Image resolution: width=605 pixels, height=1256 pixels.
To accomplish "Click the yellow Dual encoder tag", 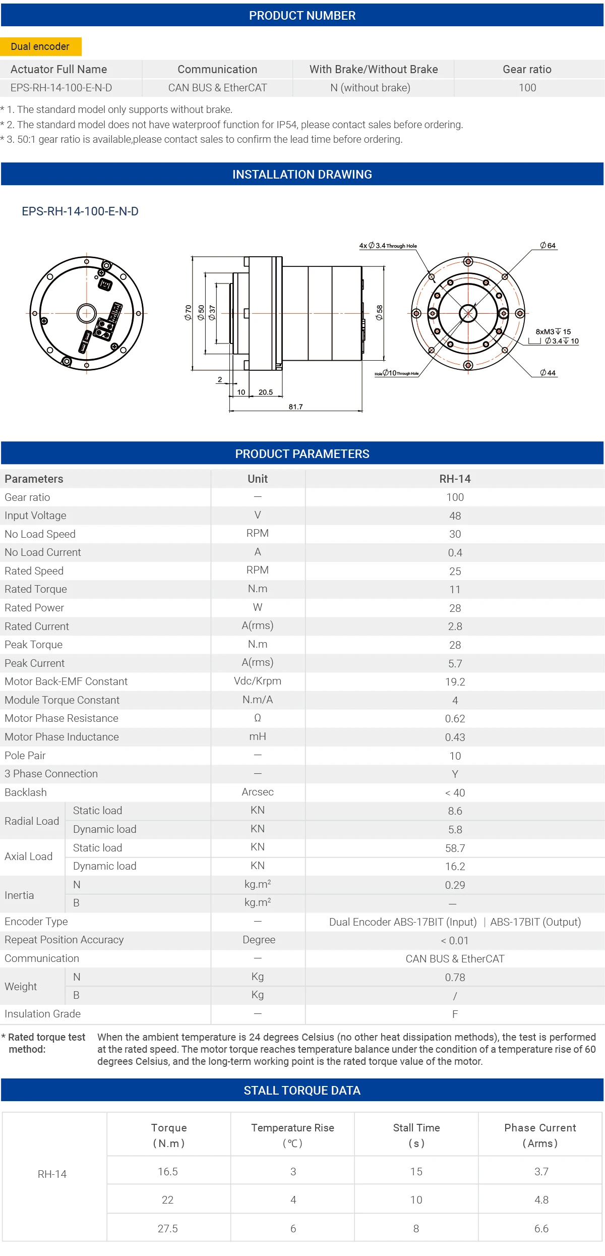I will click(40, 46).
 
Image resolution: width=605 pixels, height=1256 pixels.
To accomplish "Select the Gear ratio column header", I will click(527, 69).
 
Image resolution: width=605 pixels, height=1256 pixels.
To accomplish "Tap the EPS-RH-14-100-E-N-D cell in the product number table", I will click(61, 88).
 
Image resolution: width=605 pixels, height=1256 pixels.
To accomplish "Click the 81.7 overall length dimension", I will click(295, 407).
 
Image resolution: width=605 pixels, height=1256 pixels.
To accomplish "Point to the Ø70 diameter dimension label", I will click(188, 313).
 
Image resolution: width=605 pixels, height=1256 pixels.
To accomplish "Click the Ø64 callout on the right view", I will click(548, 246).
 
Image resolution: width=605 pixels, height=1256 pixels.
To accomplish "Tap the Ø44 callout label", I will click(548, 373).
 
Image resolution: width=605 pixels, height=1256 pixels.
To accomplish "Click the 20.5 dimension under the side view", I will click(265, 392).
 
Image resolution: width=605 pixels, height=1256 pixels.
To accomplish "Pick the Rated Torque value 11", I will click(455, 589).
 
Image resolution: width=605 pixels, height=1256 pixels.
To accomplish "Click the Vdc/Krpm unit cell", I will click(257, 681).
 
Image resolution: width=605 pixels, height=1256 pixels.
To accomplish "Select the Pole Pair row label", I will click(25, 755).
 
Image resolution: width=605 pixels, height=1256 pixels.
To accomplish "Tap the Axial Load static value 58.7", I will click(455, 848).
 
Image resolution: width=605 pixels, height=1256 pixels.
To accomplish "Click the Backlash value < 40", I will click(455, 792).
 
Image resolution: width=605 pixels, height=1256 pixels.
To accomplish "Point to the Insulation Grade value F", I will click(455, 1014).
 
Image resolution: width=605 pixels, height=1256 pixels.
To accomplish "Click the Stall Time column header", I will click(416, 1135).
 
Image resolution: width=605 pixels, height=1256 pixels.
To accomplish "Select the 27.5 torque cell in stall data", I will click(168, 1228).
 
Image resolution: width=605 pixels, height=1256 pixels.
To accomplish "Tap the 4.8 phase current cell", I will click(541, 1200).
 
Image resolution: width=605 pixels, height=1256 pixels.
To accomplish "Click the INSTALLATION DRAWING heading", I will click(302, 175).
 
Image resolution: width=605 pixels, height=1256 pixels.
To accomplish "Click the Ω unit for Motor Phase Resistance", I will click(257, 718).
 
